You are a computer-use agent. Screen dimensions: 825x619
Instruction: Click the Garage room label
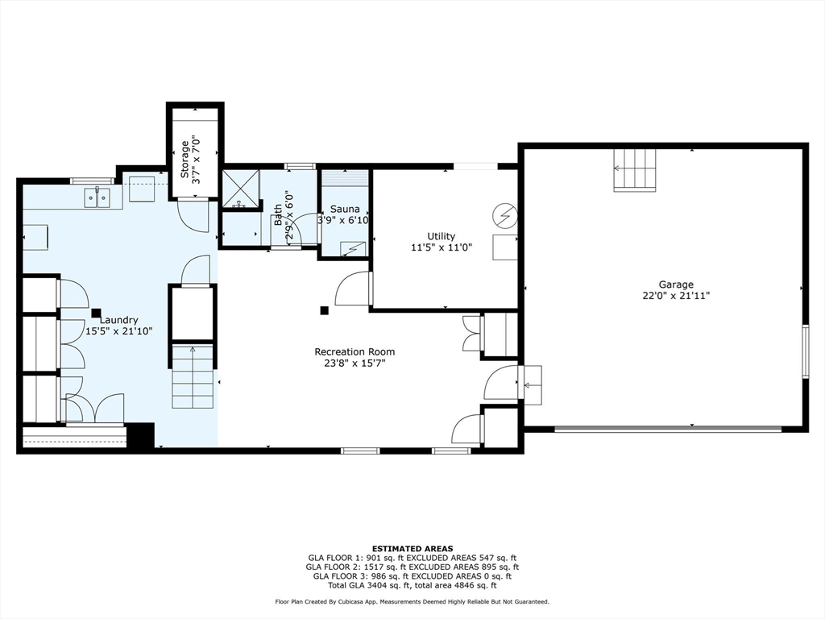point(676,285)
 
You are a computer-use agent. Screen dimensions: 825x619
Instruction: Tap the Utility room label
point(441,236)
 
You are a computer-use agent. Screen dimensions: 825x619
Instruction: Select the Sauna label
point(345,209)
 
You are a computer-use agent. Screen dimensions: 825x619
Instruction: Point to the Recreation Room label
point(354,351)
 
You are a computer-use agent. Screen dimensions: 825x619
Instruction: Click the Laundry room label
point(119,320)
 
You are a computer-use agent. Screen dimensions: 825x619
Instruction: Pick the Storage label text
point(184,159)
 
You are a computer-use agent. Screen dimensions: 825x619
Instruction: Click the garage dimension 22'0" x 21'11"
point(676,296)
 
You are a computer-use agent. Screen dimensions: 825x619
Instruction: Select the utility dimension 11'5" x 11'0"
point(441,247)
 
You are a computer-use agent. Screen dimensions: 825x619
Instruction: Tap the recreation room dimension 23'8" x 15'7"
point(354,364)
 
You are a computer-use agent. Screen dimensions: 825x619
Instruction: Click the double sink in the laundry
point(97,197)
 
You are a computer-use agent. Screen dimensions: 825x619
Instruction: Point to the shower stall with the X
point(240,189)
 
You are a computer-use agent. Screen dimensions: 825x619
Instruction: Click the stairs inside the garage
point(635,169)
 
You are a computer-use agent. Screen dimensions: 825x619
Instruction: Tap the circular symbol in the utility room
point(504,215)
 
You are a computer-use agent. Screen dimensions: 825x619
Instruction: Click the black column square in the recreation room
point(324,310)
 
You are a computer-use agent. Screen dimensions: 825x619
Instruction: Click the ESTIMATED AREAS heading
point(412,548)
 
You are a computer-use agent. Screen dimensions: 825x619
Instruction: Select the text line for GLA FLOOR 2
point(412,567)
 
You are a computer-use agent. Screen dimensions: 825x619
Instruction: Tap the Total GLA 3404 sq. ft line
point(412,585)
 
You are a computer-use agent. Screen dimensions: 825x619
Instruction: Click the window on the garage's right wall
point(805,351)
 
